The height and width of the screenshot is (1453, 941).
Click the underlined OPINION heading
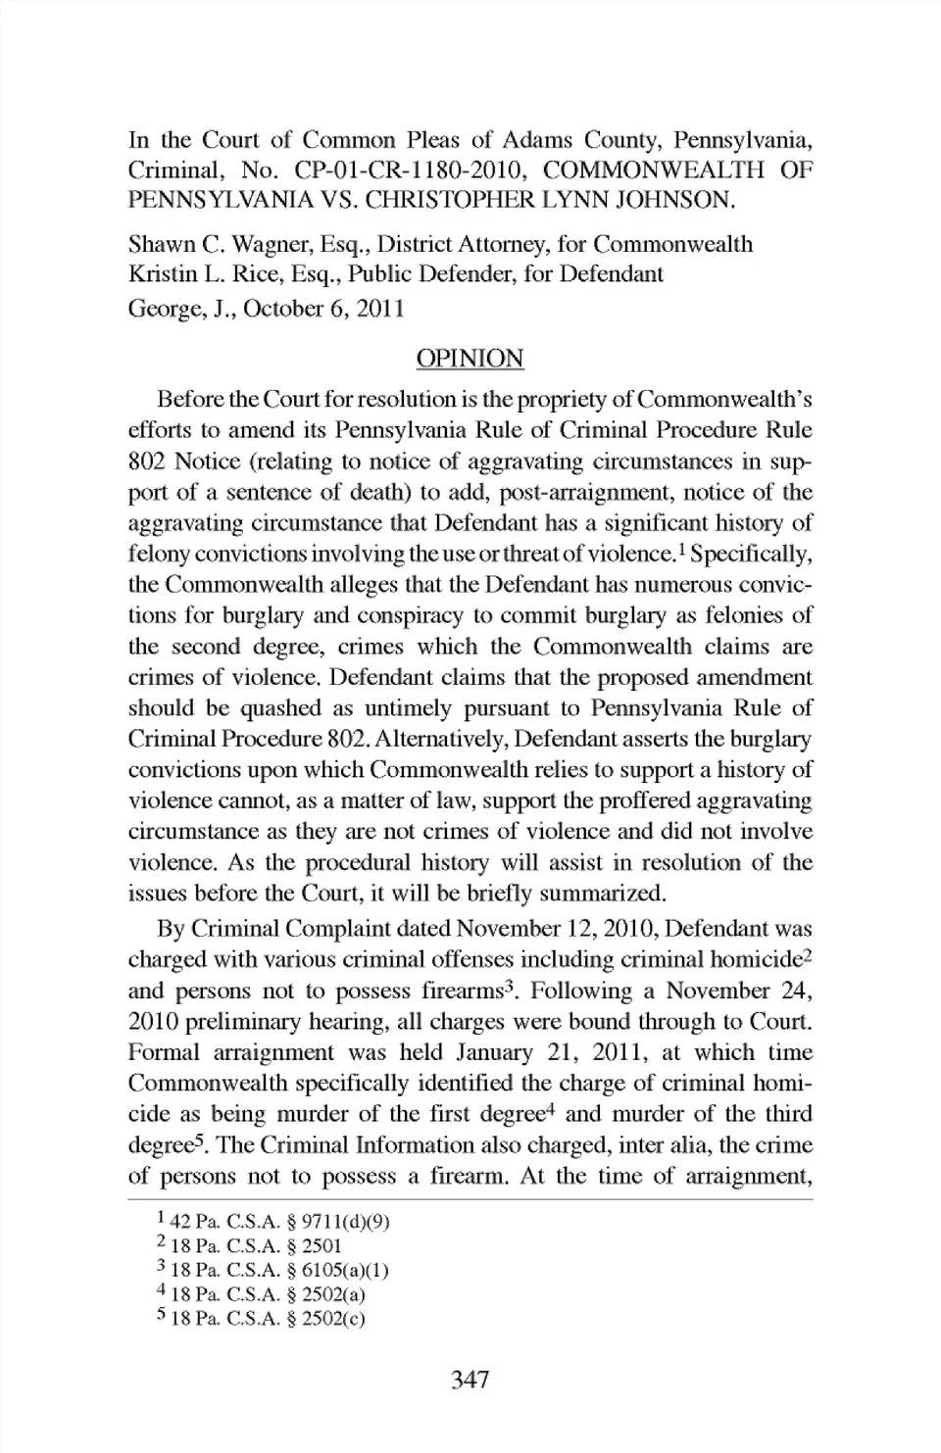470,359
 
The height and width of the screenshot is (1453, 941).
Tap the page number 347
470,1380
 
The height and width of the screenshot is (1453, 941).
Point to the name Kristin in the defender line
160,274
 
